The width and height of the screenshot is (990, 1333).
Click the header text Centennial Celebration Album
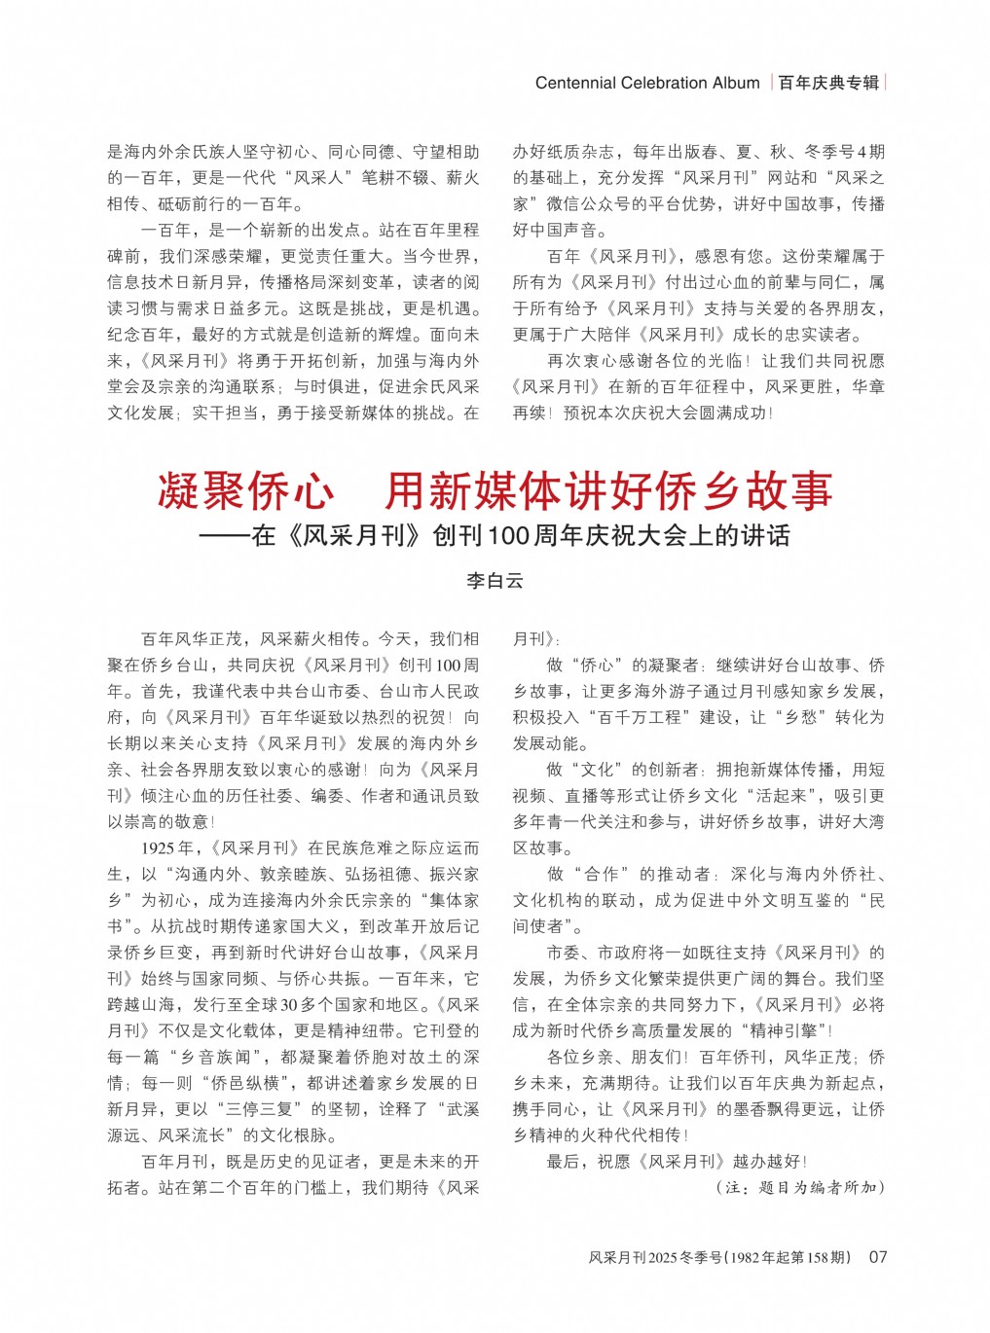(646, 83)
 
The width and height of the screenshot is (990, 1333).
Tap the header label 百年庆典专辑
(828, 83)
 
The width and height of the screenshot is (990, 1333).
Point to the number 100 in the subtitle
(507, 536)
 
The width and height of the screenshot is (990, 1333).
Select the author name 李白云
(495, 581)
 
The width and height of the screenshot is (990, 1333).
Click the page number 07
(878, 1256)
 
